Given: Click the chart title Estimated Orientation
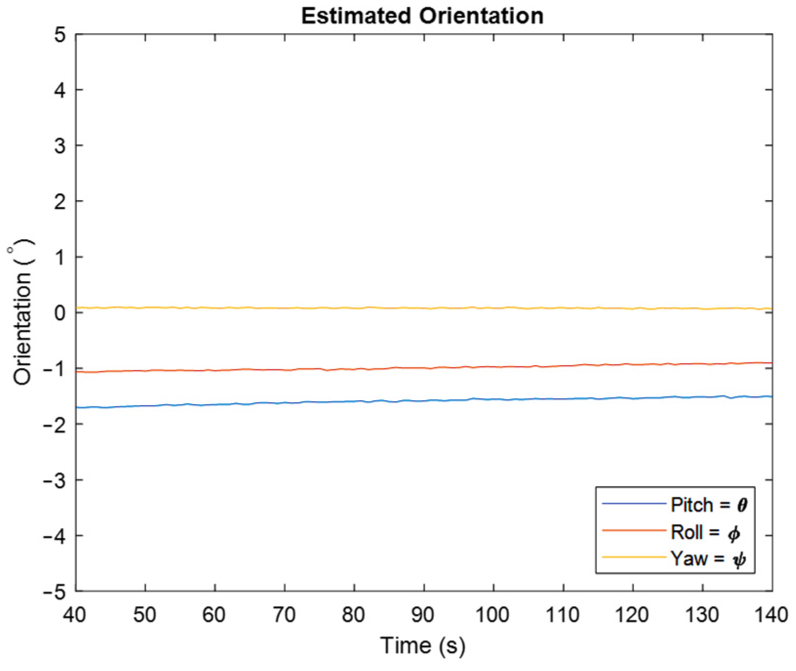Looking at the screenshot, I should (x=422, y=16).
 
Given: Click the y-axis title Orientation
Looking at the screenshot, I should (x=22, y=312).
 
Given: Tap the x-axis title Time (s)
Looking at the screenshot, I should (x=423, y=646).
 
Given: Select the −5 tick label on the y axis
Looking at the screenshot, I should (x=54, y=592).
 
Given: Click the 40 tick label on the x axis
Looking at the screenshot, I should (x=75, y=615).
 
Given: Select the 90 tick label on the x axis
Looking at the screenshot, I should (x=423, y=615).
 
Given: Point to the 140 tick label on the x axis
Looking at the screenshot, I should (x=771, y=615).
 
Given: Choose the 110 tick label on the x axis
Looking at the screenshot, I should (x=563, y=615).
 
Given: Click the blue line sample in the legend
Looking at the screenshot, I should (x=634, y=504).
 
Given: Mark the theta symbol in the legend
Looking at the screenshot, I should (x=742, y=505).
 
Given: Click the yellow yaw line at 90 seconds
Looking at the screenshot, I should (x=424, y=308).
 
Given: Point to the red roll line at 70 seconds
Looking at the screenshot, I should (x=284, y=370).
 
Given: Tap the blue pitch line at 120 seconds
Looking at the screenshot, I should (x=633, y=398).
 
